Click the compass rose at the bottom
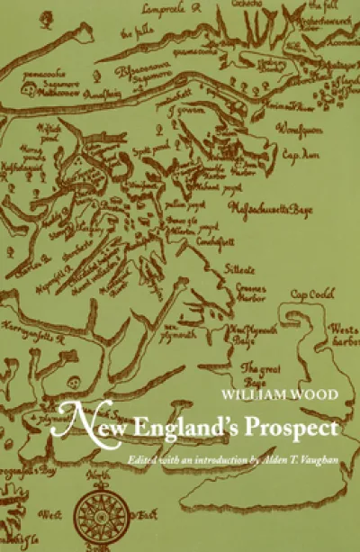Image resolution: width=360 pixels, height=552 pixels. [97, 511]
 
